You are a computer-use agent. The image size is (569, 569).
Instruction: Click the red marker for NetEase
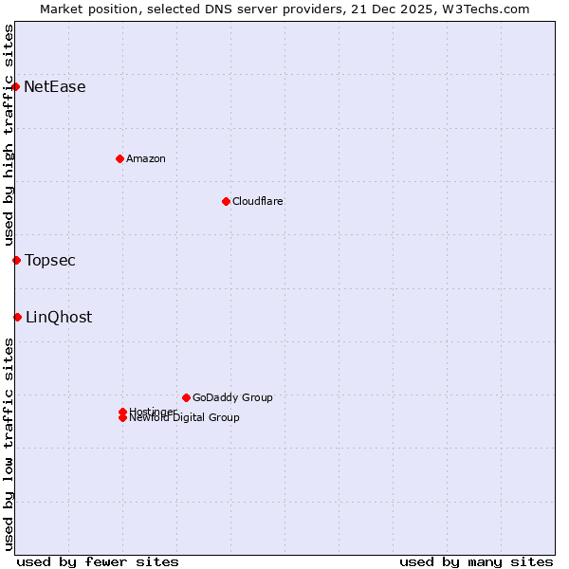[16, 86]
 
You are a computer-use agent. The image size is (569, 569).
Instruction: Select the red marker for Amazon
[119, 158]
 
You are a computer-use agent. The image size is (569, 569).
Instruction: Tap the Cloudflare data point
[226, 201]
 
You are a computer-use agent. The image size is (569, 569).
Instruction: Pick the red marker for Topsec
[16, 260]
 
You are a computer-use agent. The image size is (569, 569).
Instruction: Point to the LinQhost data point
[17, 317]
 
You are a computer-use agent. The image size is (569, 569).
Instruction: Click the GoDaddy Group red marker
[186, 397]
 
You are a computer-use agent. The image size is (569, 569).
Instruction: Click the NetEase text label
[55, 87]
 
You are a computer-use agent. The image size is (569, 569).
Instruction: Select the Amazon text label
[146, 158]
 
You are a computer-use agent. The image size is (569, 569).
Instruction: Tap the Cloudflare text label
[258, 201]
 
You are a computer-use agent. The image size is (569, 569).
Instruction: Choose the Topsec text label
[50, 261]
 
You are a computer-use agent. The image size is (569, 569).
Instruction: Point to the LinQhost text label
[59, 318]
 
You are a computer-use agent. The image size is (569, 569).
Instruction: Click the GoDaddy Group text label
[232, 397]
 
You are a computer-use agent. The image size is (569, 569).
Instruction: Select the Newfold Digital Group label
[185, 418]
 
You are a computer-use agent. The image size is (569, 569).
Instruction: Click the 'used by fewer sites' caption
[98, 561]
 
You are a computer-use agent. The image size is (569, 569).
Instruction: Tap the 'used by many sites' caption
[476, 561]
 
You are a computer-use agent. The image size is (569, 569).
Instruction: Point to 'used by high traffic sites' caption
[9, 135]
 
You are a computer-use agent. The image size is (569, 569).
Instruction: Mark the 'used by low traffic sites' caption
[9, 444]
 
